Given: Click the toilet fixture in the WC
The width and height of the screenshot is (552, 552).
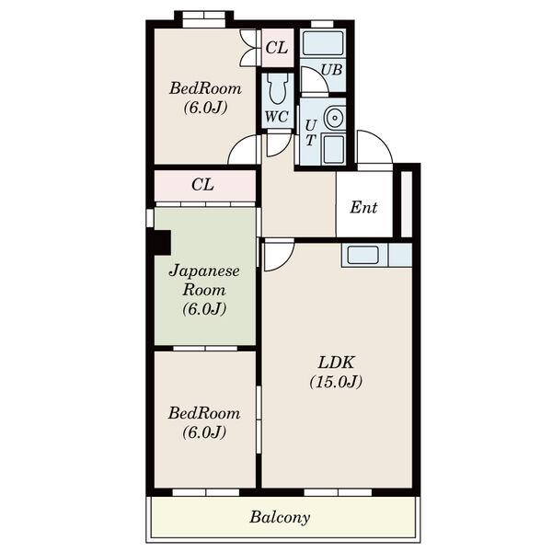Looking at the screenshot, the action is pos(278,89).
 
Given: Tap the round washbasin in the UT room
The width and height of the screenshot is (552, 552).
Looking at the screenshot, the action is pos(334,117).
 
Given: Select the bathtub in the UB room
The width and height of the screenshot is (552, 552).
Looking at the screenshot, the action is pos(323,43).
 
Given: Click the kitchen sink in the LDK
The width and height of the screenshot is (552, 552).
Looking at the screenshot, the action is pos(363,255).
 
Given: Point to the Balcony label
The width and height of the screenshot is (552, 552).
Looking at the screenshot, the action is pos(280,517).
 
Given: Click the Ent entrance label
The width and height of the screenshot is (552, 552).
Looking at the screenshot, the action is pos(363,207).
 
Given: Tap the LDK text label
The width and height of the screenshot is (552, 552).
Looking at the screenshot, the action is pos(336,362).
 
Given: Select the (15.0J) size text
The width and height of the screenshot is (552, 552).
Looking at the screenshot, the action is pos(336,382).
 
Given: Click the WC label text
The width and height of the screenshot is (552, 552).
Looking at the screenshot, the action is pos(277,117).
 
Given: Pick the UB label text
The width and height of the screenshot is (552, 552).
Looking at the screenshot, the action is pos(331,70).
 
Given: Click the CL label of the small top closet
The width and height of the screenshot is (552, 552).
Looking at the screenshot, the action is pos(277,48).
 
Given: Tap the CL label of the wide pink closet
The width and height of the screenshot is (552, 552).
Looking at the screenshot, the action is pos(202,185).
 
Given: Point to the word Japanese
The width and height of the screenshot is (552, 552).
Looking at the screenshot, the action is pos(204,271).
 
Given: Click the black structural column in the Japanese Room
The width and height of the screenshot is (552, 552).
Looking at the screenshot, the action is pos(160,242).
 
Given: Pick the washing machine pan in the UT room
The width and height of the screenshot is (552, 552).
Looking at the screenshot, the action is pos(333,149).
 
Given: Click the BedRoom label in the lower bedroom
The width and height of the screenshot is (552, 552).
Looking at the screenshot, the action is pos(204,413).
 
